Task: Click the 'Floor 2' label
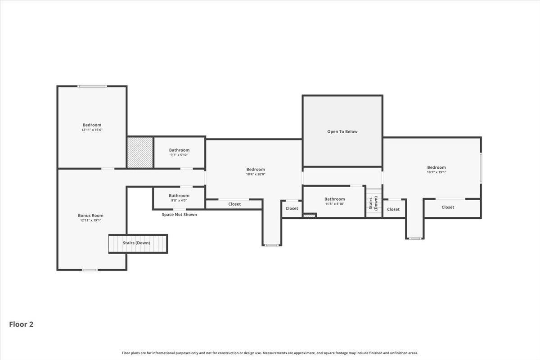21,324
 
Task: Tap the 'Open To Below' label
342,131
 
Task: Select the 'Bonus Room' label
90,215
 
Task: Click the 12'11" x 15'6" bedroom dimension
92,130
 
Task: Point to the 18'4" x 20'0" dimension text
256,174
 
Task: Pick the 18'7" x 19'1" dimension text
436,172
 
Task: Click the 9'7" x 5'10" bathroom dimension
179,155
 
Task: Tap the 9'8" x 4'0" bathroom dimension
179,200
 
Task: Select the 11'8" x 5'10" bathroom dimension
335,204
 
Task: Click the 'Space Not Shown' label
180,214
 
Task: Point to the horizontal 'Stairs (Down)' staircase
138,244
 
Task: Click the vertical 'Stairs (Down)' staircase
374,203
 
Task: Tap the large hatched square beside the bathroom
140,153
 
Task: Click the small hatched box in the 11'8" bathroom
309,216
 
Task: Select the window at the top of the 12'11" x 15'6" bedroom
92,86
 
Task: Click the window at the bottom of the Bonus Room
90,270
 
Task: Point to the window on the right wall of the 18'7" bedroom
481,168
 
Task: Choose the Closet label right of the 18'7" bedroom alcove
448,207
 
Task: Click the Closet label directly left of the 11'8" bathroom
292,208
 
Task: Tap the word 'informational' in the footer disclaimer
161,353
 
